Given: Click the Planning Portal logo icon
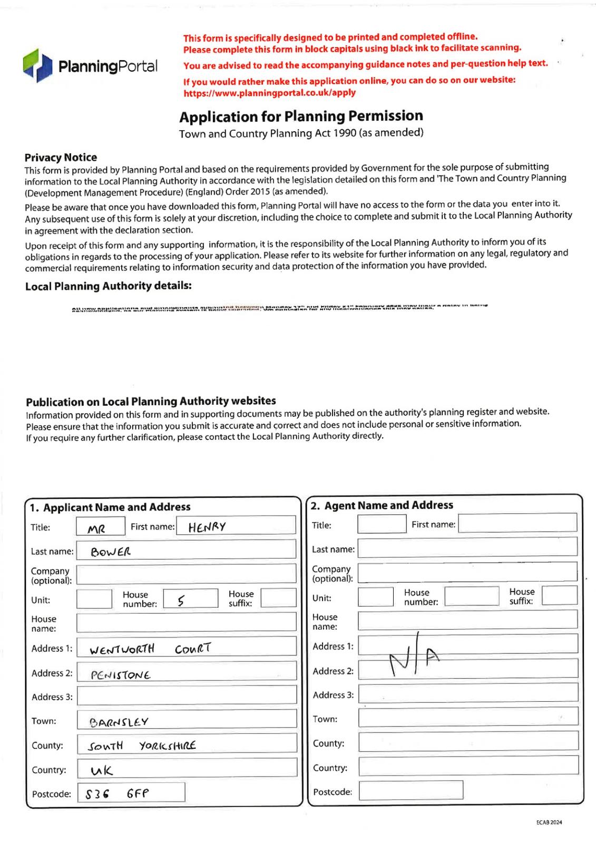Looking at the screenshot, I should click(37, 65).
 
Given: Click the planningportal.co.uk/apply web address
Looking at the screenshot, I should click(269, 93).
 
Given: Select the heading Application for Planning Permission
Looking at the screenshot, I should click(301, 116).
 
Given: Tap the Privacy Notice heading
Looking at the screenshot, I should click(61, 157).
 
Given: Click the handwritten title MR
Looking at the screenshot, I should click(96, 528).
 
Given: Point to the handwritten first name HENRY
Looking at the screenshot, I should click(207, 526).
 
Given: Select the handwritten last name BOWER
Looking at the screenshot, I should click(111, 552).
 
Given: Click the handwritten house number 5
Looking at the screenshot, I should click(181, 600).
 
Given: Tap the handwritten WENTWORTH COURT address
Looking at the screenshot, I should click(150, 649).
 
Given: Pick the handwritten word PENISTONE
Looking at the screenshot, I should click(121, 675).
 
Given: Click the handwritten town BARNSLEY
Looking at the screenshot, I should click(119, 722).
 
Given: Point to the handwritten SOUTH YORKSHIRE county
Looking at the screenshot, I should click(142, 746).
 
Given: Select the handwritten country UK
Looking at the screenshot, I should click(102, 770).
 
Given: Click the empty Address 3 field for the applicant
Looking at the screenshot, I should click(187, 695).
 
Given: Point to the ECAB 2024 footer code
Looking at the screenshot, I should click(549, 822).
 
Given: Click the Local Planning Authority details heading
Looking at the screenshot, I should click(108, 286).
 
